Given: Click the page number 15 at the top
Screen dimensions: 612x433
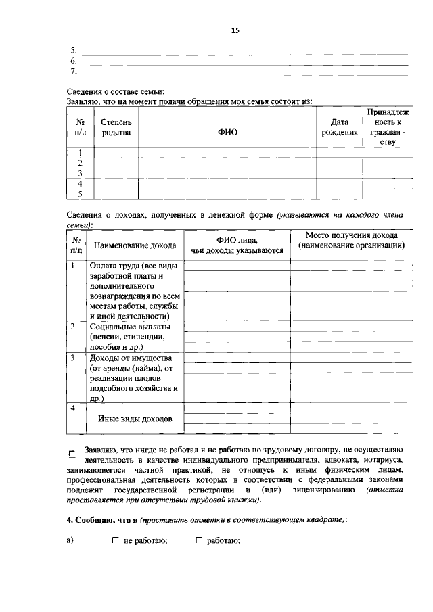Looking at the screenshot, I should (235, 30).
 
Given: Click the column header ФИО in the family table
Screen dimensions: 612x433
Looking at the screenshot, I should (227, 133).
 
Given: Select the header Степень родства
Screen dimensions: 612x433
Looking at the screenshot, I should (116, 127).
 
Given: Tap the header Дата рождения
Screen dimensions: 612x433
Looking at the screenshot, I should (338, 127).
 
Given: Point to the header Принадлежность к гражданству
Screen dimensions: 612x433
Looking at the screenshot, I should (388, 126).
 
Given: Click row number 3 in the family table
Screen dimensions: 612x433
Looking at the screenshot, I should (80, 173).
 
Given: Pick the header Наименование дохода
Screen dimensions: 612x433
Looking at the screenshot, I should (135, 245).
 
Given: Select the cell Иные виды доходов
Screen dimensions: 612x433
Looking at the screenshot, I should (135, 419).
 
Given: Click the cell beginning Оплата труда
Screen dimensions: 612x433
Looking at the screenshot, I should (135, 290).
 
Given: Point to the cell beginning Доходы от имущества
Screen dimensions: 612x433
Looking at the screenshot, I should (133, 378).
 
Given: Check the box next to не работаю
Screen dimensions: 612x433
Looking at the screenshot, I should (115, 541).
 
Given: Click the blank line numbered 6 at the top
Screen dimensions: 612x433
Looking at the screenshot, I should (244, 60).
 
